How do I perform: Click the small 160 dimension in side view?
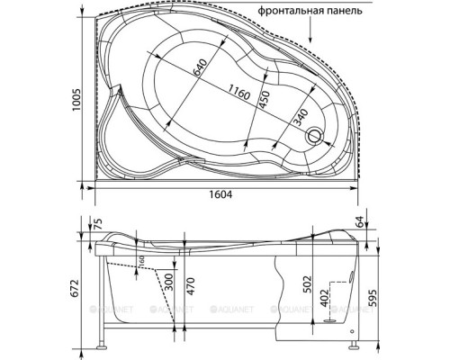click(140, 262)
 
